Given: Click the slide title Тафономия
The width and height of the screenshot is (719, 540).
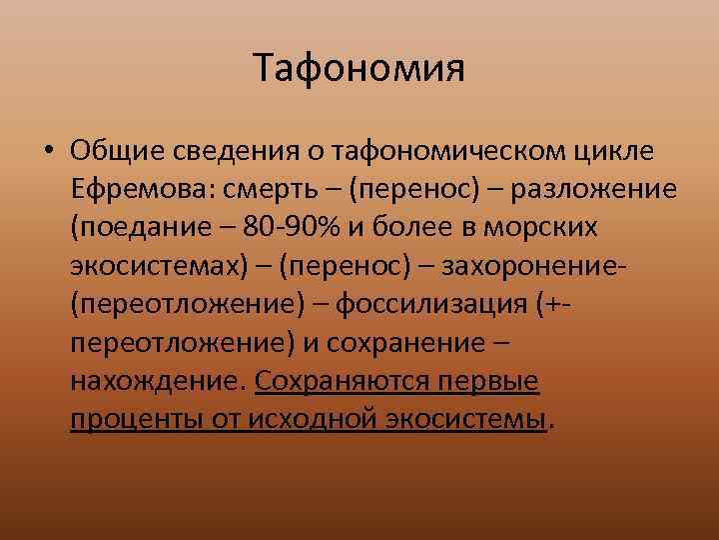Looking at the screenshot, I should click(359, 69).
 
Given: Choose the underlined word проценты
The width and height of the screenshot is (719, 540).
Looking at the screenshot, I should click(132, 417).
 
